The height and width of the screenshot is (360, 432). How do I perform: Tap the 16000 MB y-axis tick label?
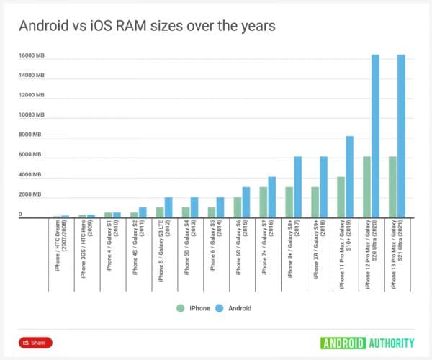coord(31,55)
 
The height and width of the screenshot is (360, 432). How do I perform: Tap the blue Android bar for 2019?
coord(349,176)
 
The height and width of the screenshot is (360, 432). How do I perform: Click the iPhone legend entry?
coord(194,308)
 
